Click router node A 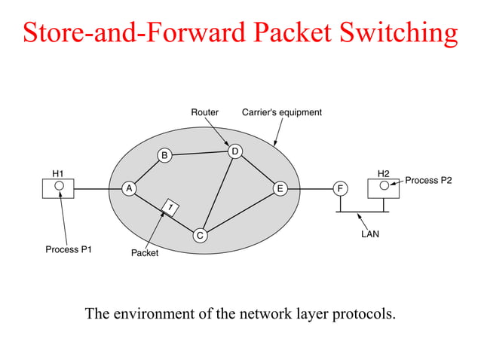click(x=129, y=189)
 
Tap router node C click(x=200, y=236)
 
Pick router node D click(x=235, y=152)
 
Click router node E click(x=280, y=188)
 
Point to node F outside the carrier click(x=341, y=188)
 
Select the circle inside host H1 click(x=58, y=185)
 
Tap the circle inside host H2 click(x=384, y=185)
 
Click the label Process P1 click(x=69, y=249)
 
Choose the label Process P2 click(x=428, y=180)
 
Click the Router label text click(x=204, y=112)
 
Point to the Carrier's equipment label click(x=281, y=112)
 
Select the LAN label click(x=370, y=234)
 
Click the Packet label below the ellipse click(x=145, y=253)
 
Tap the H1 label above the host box click(x=58, y=172)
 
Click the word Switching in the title click(x=397, y=32)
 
